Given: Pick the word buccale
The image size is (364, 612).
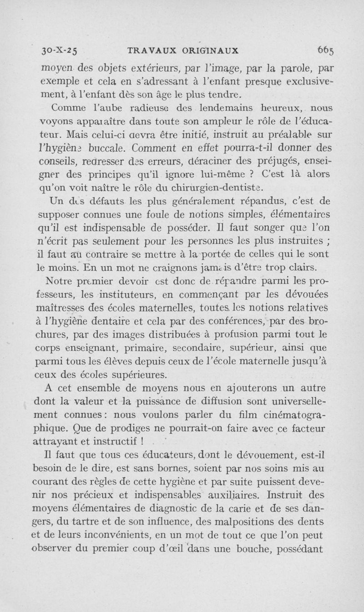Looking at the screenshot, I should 108,148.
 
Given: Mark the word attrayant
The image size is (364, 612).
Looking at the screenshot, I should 60,442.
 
